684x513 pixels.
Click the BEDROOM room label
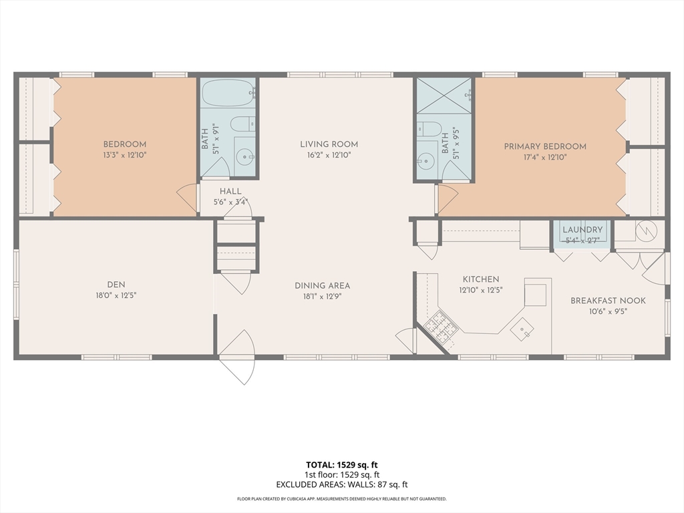point(125,144)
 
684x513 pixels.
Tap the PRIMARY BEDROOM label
point(545,146)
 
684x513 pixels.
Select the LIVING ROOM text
point(329,144)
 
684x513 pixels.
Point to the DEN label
point(116,285)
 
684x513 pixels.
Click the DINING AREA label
point(323,286)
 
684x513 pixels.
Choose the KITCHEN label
point(481,279)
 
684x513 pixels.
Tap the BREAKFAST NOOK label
point(608,301)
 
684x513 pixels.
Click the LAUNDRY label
point(582,230)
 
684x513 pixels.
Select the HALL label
point(230,192)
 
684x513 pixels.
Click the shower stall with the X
point(444,96)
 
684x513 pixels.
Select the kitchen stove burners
point(442,327)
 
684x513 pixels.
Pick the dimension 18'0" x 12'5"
point(116,295)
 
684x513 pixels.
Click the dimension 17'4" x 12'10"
point(545,157)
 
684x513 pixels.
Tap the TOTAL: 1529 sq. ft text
point(341,465)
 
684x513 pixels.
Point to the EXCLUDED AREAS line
point(341,485)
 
